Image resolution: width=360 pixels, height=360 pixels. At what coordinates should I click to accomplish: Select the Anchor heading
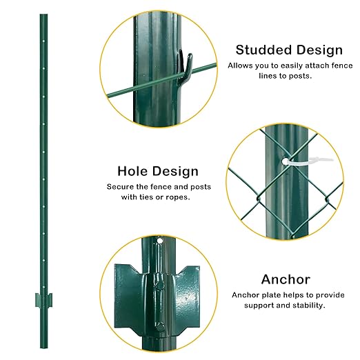point(285,279)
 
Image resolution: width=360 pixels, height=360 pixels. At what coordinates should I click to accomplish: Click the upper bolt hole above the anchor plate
point(159,241)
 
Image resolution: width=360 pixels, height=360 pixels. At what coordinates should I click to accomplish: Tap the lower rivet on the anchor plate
point(159,326)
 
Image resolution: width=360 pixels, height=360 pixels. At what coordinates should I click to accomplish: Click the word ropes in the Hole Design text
point(177,197)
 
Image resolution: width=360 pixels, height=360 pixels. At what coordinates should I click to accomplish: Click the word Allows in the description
point(239,66)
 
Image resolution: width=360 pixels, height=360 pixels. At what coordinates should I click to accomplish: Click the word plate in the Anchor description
point(268,294)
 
